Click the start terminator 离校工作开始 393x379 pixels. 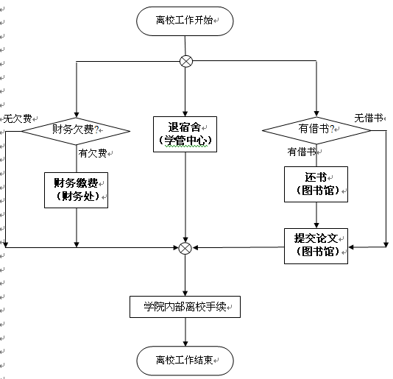(185, 21)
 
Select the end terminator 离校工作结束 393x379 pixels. (185, 361)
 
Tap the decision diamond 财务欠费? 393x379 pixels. (76, 131)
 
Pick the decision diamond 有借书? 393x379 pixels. (316, 130)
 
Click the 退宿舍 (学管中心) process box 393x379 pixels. (185, 134)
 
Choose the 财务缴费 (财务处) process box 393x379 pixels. (77, 190)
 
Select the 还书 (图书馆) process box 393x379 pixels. (316, 184)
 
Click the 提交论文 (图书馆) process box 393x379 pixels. (316, 246)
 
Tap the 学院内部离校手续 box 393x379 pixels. (185, 307)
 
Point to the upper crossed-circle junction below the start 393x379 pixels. (186, 61)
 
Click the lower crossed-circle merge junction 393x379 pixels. (185, 248)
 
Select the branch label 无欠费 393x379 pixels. (18, 118)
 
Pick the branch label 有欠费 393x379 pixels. (93, 153)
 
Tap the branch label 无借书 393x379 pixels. (369, 118)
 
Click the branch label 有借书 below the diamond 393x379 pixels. (302, 152)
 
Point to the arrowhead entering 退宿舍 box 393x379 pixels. (185, 113)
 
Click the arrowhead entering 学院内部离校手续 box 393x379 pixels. (185, 294)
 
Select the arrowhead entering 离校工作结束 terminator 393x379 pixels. (185, 344)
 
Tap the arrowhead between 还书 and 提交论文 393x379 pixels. (316, 225)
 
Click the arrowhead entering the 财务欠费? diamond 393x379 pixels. (77, 115)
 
